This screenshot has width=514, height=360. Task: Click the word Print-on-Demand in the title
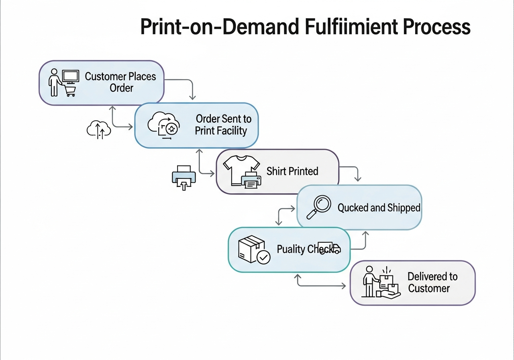coord(220,27)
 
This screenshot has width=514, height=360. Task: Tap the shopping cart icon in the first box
coord(70,91)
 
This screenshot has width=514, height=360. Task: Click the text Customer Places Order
coord(120,82)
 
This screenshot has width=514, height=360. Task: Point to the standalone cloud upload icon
coord(99,130)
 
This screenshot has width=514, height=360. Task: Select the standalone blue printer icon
coord(184,177)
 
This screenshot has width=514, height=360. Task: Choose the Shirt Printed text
coord(292,171)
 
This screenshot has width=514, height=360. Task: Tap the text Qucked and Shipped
coord(379,208)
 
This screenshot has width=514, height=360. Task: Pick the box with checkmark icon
coord(253,250)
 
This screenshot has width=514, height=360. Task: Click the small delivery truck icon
coord(329,248)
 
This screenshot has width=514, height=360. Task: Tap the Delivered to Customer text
coord(432,282)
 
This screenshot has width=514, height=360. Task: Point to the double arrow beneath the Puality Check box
coord(321,286)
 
